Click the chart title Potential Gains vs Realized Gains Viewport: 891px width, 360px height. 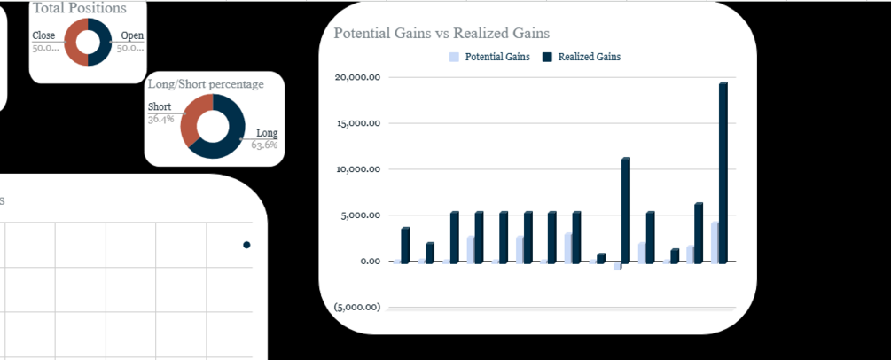442,33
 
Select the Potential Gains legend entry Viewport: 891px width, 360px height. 489,57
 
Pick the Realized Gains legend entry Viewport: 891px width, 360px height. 582,57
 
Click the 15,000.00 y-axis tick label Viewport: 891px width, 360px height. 358,123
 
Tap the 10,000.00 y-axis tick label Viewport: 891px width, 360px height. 358,169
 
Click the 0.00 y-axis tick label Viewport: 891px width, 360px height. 368,262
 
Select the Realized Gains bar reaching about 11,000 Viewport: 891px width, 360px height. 626,210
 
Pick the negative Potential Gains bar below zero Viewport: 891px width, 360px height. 617,266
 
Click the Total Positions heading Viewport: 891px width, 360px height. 80,8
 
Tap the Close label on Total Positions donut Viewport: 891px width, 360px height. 43,36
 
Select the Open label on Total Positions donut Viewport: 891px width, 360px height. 132,36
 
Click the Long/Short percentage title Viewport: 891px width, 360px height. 218,84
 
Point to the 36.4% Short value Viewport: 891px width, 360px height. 160,119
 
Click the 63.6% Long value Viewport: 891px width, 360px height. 264,145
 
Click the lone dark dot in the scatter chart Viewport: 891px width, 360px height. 246,245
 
